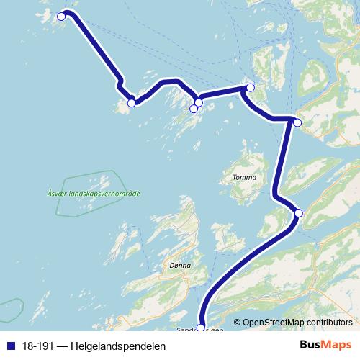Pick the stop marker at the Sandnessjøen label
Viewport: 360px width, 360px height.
coord(201,328)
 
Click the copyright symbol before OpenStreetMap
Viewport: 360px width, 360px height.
coord(238,323)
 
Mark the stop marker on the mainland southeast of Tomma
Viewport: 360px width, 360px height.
coord(299,212)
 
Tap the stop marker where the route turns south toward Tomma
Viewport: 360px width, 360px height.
coord(297,122)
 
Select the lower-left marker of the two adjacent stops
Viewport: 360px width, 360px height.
coord(193,109)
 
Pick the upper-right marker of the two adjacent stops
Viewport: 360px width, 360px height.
coord(199,103)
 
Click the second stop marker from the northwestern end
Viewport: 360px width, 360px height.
coord(131,103)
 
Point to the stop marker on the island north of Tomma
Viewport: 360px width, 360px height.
coord(250,88)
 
